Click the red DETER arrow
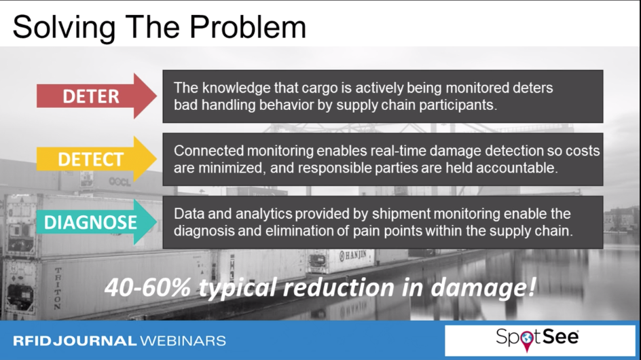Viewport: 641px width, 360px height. tap(96, 96)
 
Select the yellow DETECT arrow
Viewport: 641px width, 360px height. tap(96, 159)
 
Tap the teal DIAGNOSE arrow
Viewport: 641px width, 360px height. tap(96, 222)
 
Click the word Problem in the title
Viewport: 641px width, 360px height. tap(248, 27)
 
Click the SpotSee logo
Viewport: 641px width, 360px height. tap(537, 339)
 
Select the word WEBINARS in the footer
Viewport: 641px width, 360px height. tap(183, 341)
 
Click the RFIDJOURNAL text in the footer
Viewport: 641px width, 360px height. tap(75, 341)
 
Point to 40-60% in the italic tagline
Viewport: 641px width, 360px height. tap(147, 287)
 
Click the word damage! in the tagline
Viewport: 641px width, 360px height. tap(483, 287)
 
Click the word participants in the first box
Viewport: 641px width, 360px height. tap(457, 105)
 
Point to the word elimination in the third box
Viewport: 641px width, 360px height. tap(299, 231)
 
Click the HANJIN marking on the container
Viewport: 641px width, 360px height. tap(354, 255)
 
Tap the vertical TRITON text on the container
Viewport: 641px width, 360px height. tap(58, 289)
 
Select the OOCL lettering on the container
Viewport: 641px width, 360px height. tap(120, 181)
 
